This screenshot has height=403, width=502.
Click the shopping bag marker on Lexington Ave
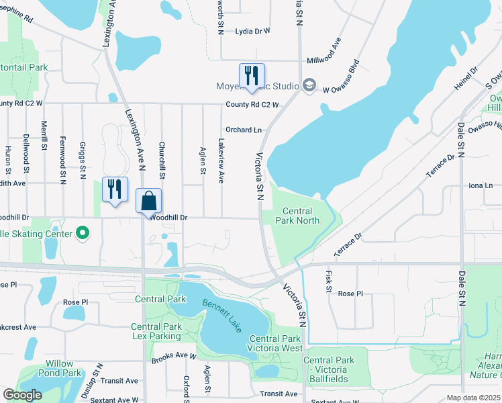tap(149, 201)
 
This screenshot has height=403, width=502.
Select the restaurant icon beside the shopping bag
tap(114, 189)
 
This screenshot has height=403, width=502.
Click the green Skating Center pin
tap(83, 233)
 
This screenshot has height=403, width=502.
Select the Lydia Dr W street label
tap(252, 31)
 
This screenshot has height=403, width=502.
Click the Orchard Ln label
tap(243, 130)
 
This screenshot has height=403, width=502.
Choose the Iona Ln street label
tap(480, 185)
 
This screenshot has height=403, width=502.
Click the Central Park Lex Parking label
tap(156, 331)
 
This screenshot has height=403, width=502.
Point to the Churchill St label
tap(162, 155)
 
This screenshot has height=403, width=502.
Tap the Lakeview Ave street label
tap(221, 161)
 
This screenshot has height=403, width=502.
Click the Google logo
tap(23, 395)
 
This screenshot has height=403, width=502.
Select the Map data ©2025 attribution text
tap(473, 398)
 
